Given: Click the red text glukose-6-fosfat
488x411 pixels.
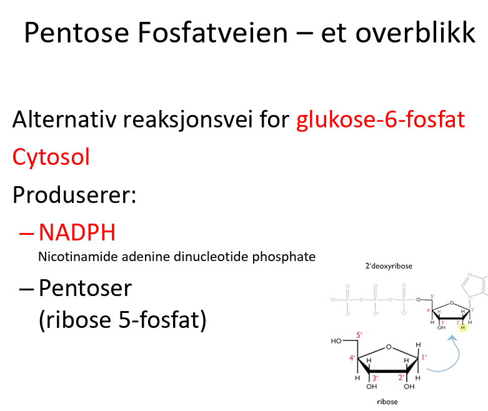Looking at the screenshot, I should click(381, 119).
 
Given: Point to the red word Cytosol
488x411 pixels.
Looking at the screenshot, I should click(51, 156).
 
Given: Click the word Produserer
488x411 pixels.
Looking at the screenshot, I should click(74, 194).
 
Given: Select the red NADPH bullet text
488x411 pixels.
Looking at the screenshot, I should click(77, 232).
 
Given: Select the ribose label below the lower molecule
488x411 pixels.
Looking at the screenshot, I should click(387, 402).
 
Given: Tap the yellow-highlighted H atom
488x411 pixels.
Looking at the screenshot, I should click(462, 327).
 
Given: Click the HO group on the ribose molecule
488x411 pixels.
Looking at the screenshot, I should click(337, 342).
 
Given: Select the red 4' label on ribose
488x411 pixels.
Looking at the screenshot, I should click(352, 358).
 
